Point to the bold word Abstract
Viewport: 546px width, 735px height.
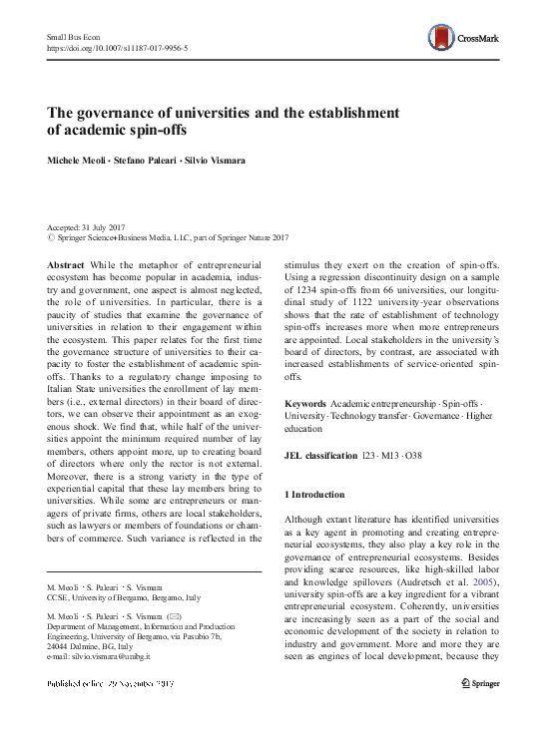65,263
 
